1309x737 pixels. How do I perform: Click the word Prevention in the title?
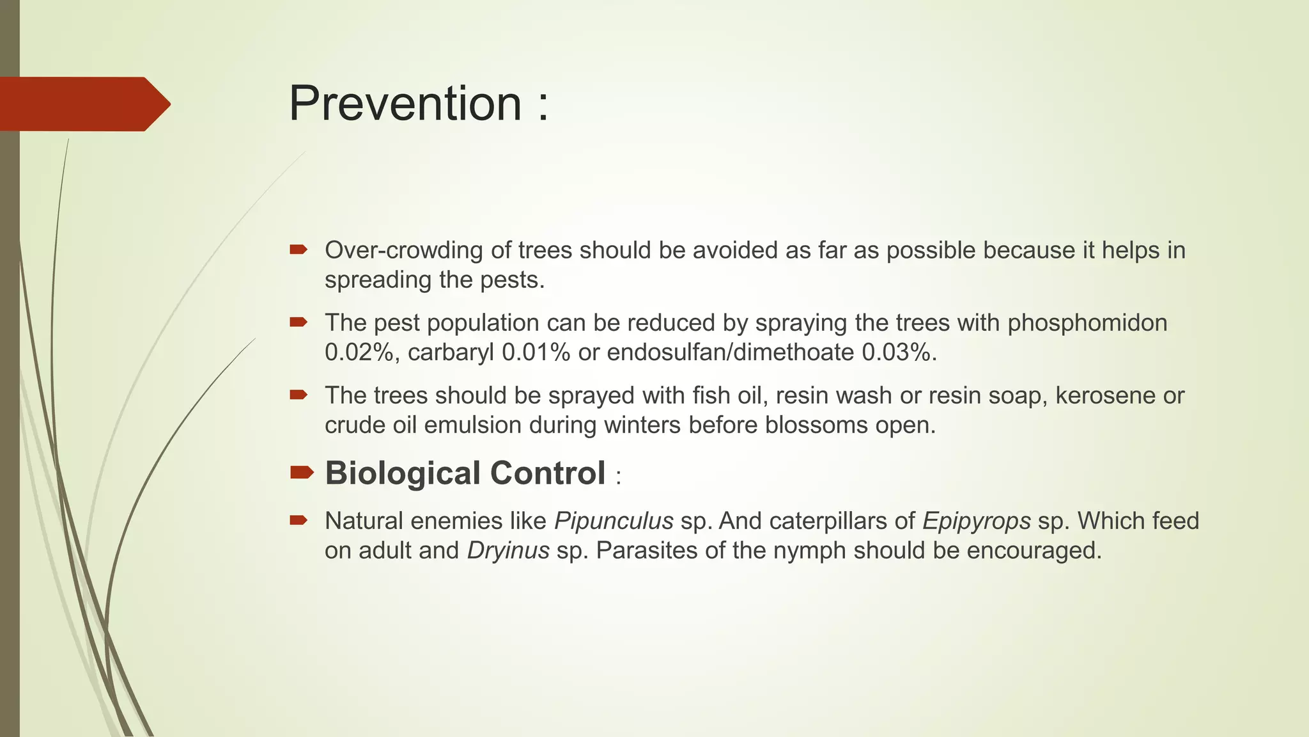point(405,104)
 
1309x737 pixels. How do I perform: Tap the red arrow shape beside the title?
point(83,104)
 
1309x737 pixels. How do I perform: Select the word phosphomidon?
point(1087,323)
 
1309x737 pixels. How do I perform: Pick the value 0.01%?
point(536,353)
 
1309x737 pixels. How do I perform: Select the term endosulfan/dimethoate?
point(730,353)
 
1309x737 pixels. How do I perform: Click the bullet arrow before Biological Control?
point(301,473)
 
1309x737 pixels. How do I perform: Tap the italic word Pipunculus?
point(614,521)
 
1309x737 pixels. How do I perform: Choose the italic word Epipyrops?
point(976,521)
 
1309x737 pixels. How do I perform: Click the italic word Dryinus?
point(508,551)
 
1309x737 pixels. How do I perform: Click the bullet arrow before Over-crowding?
point(298,249)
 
